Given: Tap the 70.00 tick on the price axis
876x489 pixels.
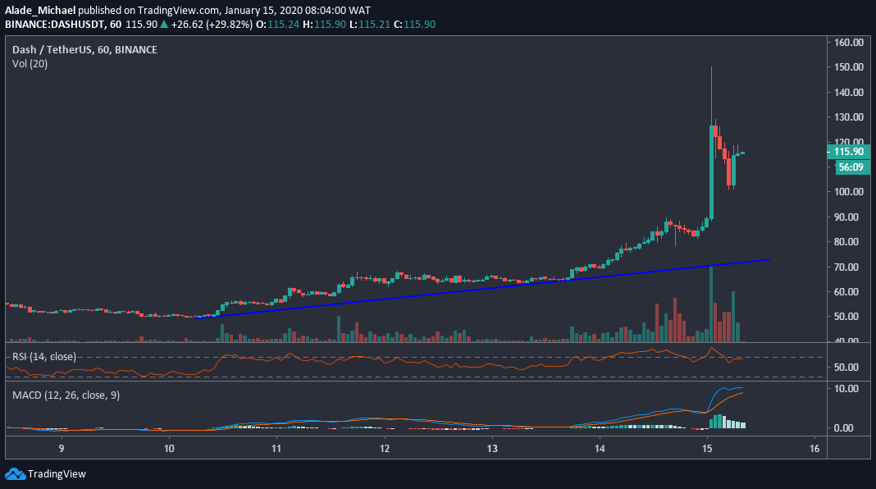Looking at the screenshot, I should coord(849,267).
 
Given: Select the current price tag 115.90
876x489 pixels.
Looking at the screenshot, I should coord(848,152).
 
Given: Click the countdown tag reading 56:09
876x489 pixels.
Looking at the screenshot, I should coord(848,167).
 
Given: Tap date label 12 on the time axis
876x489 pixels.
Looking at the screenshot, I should coord(385,449).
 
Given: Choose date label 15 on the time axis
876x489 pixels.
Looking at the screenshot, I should coord(707,449).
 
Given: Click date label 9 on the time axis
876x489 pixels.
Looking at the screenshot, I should coord(62,449).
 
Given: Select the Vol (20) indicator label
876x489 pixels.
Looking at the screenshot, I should coord(30,64).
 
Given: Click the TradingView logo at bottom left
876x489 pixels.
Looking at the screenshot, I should coord(46,473).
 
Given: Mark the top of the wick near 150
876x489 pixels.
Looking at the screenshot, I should coord(711,67).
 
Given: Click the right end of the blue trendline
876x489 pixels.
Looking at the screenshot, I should coord(769,259).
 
